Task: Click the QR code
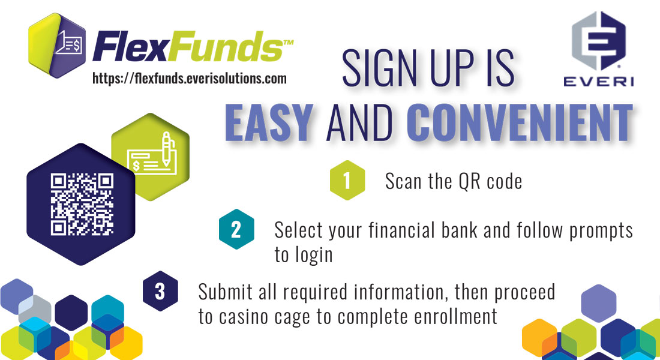click(82, 204)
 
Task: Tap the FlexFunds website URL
click(190, 79)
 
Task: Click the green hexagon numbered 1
click(347, 180)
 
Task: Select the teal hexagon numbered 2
click(236, 229)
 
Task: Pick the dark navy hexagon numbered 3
click(160, 291)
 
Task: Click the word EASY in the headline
click(269, 122)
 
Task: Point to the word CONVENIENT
click(520, 122)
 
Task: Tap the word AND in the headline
click(361, 123)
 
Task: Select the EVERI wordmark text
click(599, 81)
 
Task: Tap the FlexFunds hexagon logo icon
click(57, 46)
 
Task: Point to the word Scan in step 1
click(403, 181)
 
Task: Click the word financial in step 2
click(402, 230)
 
